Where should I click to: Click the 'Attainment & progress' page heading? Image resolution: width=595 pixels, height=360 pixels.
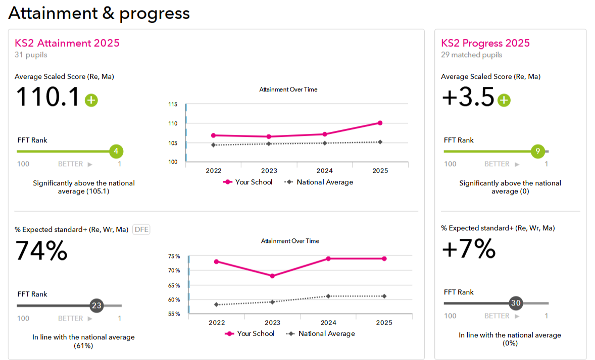click(99, 13)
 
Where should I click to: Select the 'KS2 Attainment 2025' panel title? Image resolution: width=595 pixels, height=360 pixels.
click(67, 43)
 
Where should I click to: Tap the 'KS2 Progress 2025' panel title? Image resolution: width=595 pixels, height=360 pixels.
click(485, 43)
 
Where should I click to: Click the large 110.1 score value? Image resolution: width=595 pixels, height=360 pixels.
click(48, 97)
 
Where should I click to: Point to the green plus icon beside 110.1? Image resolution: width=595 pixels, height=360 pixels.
click(91, 100)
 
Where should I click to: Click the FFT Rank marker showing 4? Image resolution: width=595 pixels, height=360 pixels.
click(116, 151)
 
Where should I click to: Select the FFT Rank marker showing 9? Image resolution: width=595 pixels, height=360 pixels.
click(538, 151)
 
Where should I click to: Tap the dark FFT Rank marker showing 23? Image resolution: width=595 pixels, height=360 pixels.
click(96, 305)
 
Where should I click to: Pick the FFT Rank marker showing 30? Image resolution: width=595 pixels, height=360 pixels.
click(516, 303)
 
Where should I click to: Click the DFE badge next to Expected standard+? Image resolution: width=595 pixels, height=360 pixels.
click(141, 230)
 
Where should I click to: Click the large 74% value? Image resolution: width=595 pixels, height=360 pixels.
click(41, 251)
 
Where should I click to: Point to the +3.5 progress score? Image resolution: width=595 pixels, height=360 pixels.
click(468, 97)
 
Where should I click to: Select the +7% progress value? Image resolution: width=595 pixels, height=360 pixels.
click(469, 249)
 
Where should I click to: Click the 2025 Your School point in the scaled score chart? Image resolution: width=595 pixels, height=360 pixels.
click(380, 123)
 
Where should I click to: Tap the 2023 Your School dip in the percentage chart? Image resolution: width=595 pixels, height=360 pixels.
click(272, 276)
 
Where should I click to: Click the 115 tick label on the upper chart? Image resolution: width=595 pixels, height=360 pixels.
click(173, 105)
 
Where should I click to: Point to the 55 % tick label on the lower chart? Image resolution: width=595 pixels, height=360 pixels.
click(174, 314)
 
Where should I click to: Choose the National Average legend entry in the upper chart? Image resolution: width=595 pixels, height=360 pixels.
click(319, 182)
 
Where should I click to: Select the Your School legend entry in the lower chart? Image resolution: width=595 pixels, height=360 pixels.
click(250, 334)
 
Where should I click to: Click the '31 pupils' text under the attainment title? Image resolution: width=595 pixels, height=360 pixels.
click(31, 55)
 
